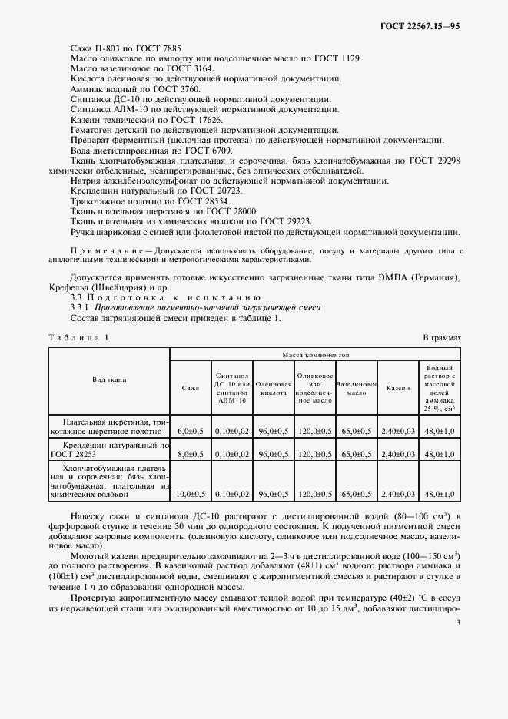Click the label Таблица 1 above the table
tap(79, 337)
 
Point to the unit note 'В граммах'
tap(442, 337)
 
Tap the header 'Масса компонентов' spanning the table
tap(315, 356)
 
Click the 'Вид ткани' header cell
tap(109, 379)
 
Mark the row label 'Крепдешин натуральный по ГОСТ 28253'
tap(109, 449)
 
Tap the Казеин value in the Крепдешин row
tap(399, 454)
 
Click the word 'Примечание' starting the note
tap(107, 252)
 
